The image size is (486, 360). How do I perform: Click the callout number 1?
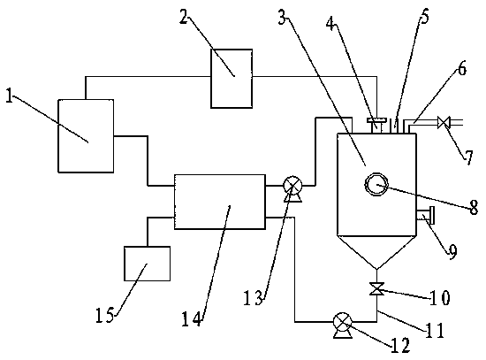(x=10, y=96)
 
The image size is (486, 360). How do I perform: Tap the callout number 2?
(x=184, y=18)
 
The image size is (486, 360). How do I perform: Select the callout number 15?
(x=104, y=315)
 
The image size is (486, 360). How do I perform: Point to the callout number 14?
(x=191, y=318)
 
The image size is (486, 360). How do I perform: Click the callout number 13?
(x=254, y=297)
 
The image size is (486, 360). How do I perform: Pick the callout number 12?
(x=400, y=345)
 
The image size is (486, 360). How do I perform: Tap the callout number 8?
(x=474, y=207)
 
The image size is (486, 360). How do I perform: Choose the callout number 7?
(x=468, y=157)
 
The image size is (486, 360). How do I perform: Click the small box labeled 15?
(x=147, y=264)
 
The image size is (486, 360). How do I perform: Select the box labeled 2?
(x=232, y=79)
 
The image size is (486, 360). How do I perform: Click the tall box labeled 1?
(x=86, y=136)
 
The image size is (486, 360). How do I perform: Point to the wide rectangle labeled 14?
(x=220, y=202)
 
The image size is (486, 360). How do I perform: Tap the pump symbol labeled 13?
(x=292, y=188)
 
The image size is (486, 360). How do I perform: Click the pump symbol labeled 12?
(x=342, y=325)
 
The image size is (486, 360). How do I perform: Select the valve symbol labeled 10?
(x=377, y=288)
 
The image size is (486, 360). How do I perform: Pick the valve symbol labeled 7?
(x=444, y=122)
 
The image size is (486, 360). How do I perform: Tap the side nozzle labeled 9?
(x=425, y=215)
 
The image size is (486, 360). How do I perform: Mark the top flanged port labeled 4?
(x=376, y=126)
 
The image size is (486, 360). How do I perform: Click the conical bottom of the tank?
(x=376, y=251)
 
